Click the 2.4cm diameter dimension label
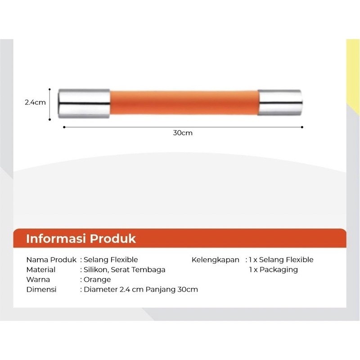[x=35, y=103]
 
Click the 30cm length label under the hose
[x=182, y=133]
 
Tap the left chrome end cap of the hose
[x=84, y=103]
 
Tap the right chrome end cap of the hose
[x=280, y=103]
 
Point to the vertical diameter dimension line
[x=49, y=104]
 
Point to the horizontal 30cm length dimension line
[x=182, y=127]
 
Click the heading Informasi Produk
[x=81, y=238]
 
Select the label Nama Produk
[x=51, y=260]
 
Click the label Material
[x=41, y=270]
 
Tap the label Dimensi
[x=41, y=289]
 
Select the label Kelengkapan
[x=216, y=260]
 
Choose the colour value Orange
[x=97, y=279]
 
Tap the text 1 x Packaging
[x=274, y=270]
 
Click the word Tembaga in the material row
[x=149, y=270]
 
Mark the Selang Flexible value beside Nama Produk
[x=111, y=260]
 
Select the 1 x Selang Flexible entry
[x=281, y=260]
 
